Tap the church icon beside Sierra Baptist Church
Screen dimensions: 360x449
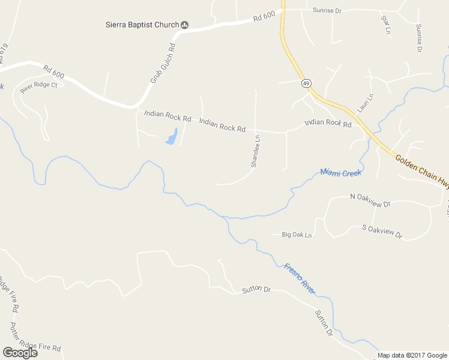[x=185, y=25]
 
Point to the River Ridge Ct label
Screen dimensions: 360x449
[x=38, y=86]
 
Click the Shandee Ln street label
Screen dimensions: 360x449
[x=255, y=151]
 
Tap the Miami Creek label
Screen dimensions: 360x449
[x=340, y=173]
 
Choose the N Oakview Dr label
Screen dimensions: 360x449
[x=370, y=197]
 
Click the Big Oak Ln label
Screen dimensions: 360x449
[x=297, y=235]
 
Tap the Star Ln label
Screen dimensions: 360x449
[x=385, y=24]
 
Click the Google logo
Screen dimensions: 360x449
[x=20, y=352]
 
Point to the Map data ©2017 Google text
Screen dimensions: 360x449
[x=413, y=355]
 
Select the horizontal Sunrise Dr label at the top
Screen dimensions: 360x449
[x=327, y=11]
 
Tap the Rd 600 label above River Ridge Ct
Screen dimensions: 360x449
[x=54, y=70]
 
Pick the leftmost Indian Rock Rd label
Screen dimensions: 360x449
[x=167, y=115]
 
